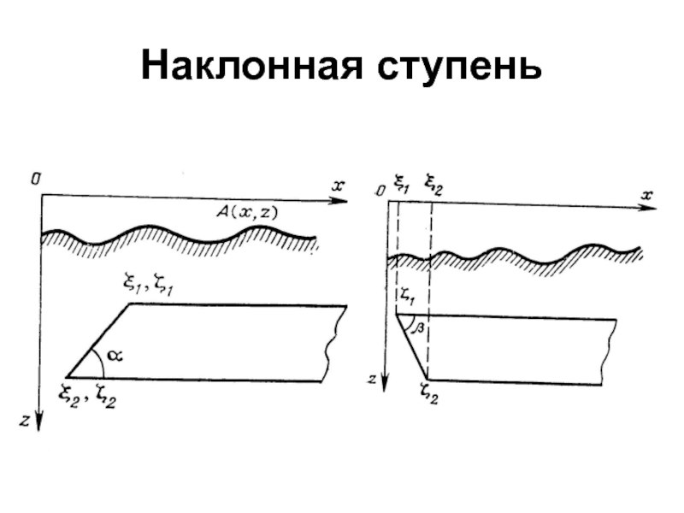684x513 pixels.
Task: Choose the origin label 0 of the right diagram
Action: [x=380, y=192]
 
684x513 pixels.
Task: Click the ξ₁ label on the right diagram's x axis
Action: [x=400, y=181]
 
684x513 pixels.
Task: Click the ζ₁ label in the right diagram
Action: [x=405, y=296]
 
